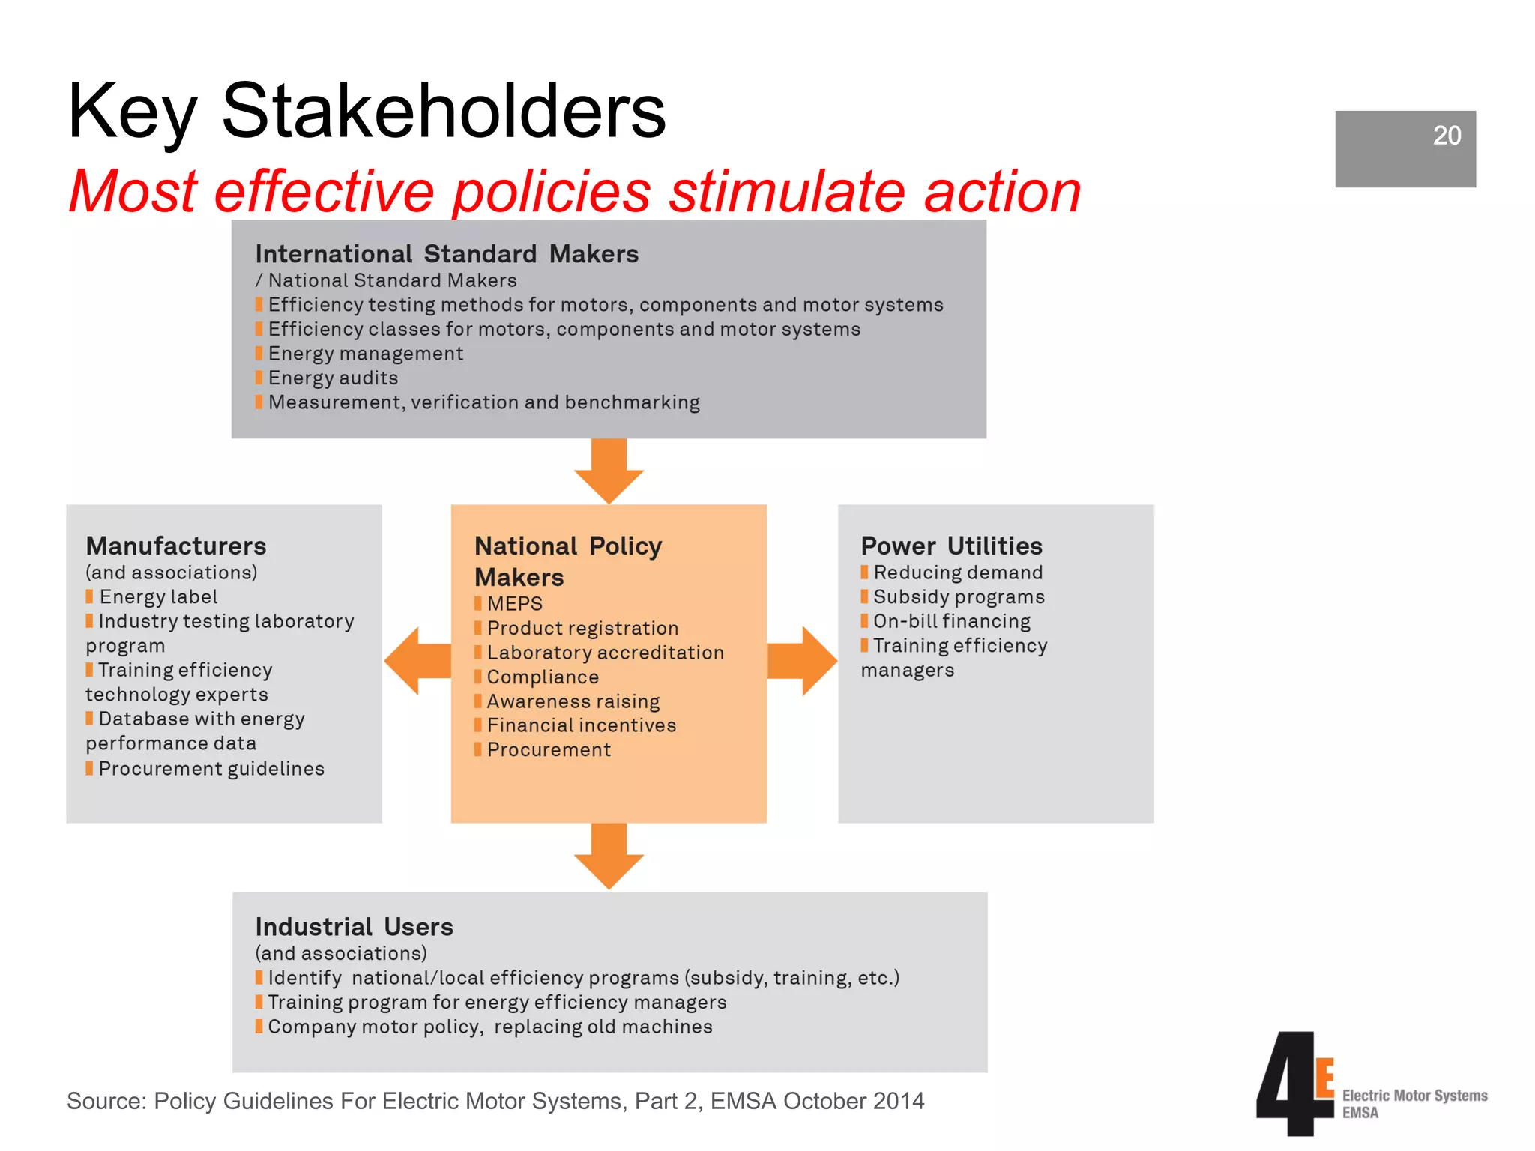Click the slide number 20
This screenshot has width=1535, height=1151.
tap(1447, 136)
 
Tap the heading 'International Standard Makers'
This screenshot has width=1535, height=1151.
tap(447, 254)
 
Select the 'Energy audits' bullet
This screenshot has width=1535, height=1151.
tap(333, 378)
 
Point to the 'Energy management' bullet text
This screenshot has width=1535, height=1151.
tap(366, 354)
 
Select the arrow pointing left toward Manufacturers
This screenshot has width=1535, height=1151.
tap(417, 661)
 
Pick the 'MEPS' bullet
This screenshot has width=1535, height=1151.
tap(514, 604)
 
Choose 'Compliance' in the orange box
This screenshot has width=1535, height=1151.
tap(543, 677)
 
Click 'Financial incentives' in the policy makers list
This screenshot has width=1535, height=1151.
tap(582, 725)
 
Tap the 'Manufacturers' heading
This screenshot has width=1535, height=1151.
tap(176, 546)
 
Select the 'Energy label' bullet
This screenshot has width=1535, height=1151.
tap(158, 597)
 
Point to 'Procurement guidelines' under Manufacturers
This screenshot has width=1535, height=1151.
tap(211, 769)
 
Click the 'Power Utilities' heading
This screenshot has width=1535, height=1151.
tap(951, 546)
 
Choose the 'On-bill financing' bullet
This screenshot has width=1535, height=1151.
tap(952, 621)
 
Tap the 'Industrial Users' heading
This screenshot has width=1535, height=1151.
tap(354, 927)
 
